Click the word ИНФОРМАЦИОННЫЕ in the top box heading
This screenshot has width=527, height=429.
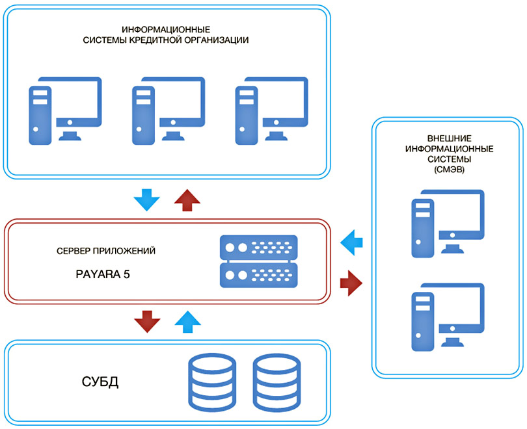[x=166, y=29]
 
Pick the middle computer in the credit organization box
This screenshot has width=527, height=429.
[x=167, y=110]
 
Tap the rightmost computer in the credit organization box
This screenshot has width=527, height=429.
[x=271, y=110]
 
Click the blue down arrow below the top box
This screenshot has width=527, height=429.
[x=145, y=199]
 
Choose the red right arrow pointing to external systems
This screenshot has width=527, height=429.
[x=351, y=283]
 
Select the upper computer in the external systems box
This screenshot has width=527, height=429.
[x=448, y=223]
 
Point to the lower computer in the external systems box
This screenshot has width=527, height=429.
[x=448, y=316]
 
